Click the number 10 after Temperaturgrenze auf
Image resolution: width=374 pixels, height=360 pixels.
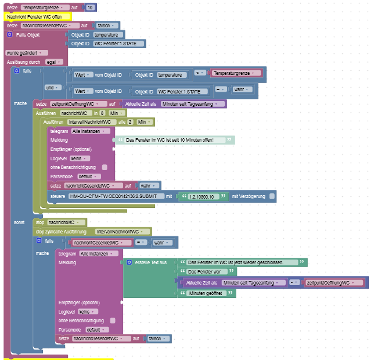point(89,8)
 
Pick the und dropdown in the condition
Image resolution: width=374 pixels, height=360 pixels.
point(53,88)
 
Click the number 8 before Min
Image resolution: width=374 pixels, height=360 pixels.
point(102,113)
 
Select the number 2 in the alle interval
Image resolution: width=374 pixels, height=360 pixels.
point(131,123)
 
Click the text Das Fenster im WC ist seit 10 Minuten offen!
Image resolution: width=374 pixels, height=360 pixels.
point(170,141)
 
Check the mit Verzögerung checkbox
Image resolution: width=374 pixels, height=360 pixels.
point(272,197)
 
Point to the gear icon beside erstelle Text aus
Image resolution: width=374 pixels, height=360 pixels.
point(130,262)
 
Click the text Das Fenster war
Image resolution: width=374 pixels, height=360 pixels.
point(203,272)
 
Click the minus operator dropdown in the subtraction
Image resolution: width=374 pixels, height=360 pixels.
point(295,282)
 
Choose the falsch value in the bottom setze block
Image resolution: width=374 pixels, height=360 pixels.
point(155,339)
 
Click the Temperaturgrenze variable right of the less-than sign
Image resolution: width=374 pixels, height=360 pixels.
point(235,73)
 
